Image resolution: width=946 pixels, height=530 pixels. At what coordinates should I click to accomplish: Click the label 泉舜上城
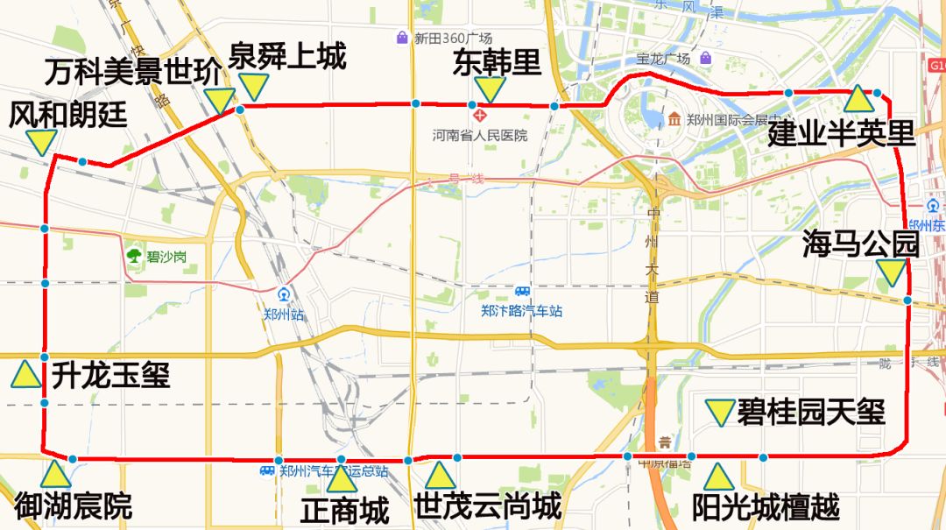[x=286, y=56]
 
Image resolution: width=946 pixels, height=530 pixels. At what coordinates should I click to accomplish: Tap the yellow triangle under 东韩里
[x=491, y=88]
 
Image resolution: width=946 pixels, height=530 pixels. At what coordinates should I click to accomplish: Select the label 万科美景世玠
[x=133, y=73]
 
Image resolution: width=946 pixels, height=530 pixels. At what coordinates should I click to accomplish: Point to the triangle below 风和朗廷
[x=41, y=142]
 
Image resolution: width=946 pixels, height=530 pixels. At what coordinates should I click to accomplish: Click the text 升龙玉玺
[x=110, y=375]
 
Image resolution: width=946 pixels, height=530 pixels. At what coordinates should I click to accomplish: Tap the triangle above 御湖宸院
[x=55, y=475]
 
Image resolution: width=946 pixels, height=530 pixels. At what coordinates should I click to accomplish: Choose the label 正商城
[x=344, y=510]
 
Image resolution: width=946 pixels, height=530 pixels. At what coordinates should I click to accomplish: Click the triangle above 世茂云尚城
[x=440, y=476]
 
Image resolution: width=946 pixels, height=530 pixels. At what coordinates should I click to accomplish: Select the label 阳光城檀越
[x=766, y=506]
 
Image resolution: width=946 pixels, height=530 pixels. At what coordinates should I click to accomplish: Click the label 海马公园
[x=860, y=244]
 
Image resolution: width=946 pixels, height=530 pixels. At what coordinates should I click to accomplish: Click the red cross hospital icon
[x=478, y=115]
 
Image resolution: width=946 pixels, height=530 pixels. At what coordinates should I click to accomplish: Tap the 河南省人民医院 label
[x=480, y=136]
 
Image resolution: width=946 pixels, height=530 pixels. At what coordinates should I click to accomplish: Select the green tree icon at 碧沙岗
[x=134, y=255]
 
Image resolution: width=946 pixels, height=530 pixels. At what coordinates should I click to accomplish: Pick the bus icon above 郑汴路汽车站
[x=523, y=292]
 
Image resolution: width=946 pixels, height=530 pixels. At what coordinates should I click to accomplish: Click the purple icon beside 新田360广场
[x=402, y=38]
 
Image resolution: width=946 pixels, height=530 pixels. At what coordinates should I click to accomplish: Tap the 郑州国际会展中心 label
[x=724, y=120]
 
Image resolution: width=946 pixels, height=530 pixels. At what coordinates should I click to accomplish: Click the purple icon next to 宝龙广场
[x=705, y=59]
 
